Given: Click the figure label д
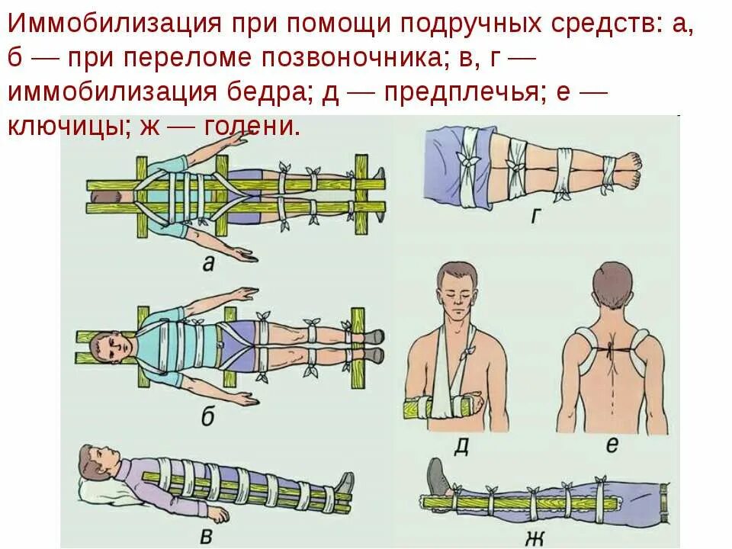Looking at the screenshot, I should coord(461,445).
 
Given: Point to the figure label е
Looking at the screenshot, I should coord(612,445).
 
